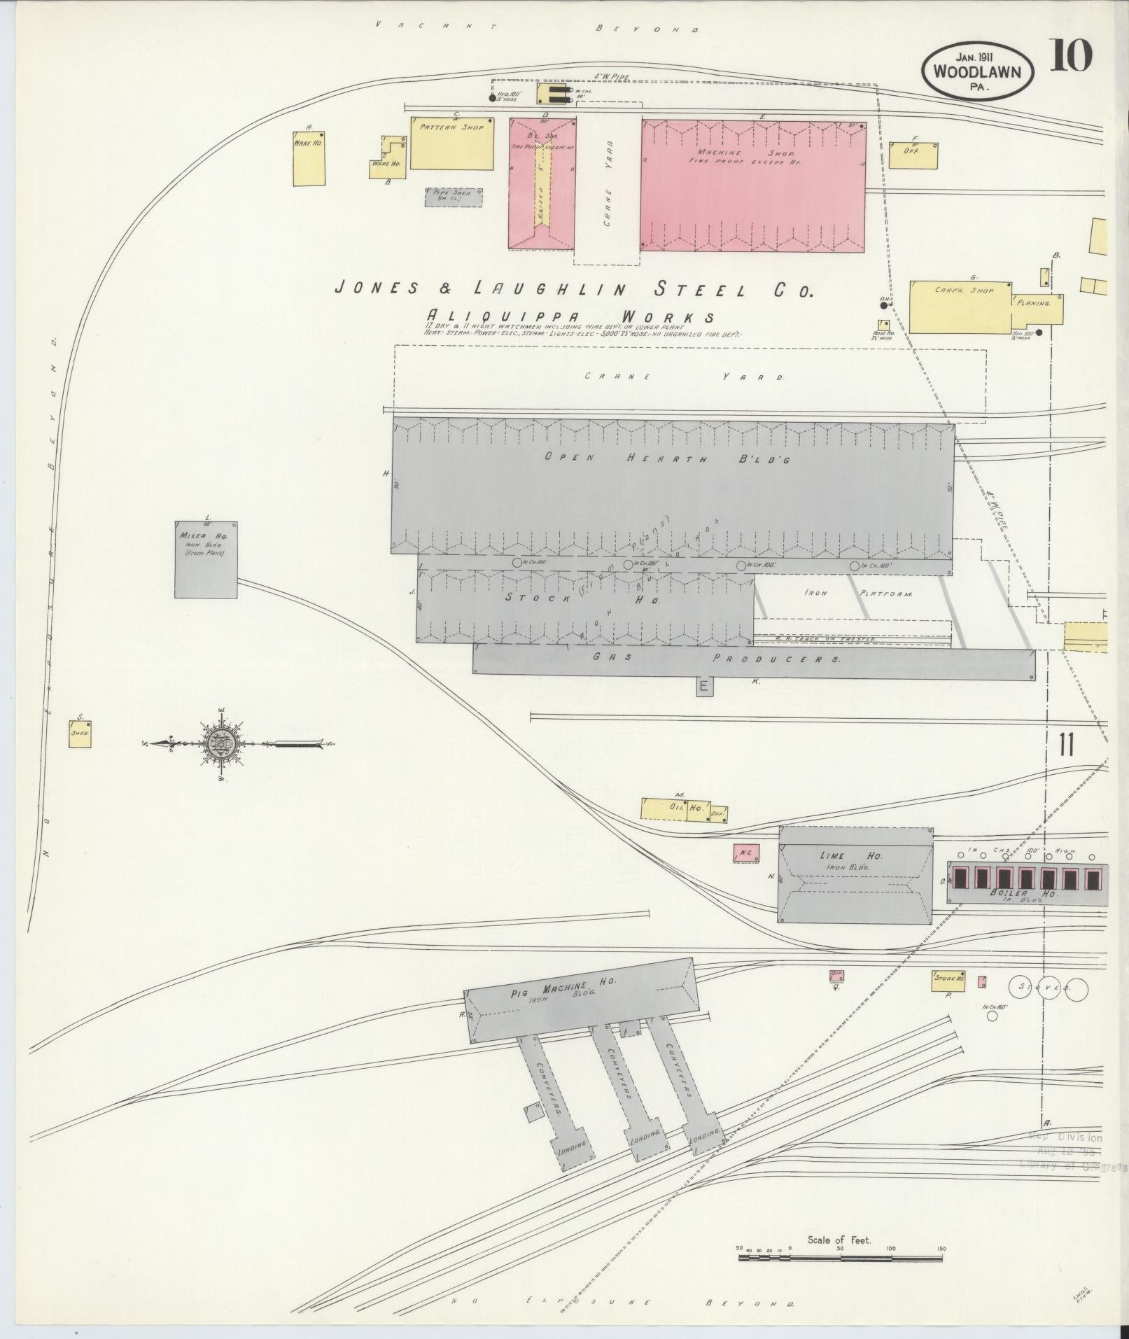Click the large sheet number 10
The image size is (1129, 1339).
coord(1070,57)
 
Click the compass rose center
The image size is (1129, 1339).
coord(220,743)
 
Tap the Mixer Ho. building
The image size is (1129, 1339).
coord(205,559)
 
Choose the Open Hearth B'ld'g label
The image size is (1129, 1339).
coord(668,458)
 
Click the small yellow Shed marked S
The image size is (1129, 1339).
coord(80,734)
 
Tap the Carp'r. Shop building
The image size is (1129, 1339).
coord(960,306)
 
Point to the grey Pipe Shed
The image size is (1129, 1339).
coord(453,197)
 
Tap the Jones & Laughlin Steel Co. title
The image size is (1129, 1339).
coord(573,288)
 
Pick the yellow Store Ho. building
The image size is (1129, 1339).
coord(948,981)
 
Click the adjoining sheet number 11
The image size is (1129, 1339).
coord(1066,745)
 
